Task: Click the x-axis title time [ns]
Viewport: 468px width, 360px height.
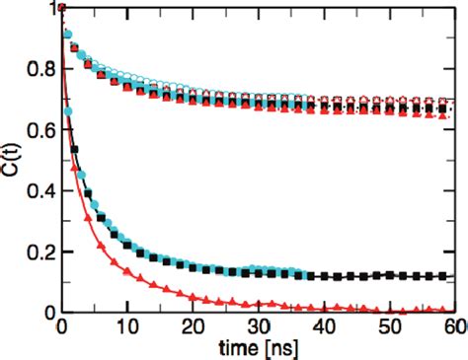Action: [x=260, y=348]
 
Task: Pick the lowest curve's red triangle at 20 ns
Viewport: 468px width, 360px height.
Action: [x=194, y=293]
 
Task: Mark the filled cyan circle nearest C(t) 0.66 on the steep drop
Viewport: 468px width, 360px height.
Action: [x=68, y=113]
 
